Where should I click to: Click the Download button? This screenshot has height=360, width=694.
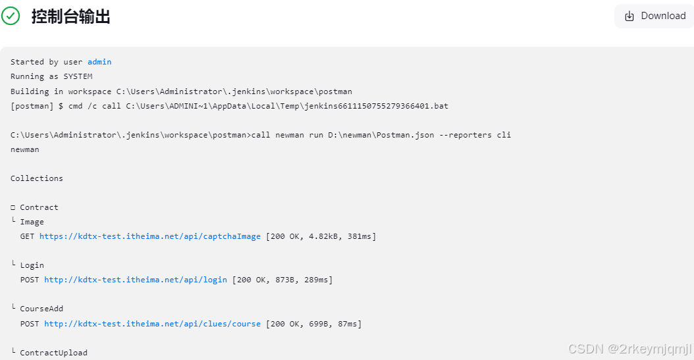654,16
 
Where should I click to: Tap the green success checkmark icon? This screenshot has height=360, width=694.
11,16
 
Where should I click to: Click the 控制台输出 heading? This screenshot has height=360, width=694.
70,16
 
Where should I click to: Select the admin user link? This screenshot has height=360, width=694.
99,62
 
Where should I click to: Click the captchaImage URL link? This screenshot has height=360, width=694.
150,236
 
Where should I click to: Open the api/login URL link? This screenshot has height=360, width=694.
136,280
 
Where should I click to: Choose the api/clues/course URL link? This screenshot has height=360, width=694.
152,324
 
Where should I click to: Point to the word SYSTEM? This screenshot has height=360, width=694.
78,76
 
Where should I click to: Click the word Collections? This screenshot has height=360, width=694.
37,178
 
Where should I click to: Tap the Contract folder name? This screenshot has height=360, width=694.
39,207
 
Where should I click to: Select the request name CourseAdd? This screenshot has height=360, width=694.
41,309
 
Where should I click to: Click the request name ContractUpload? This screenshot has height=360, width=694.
53,353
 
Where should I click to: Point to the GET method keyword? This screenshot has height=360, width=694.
27,236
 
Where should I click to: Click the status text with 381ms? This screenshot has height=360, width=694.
321,236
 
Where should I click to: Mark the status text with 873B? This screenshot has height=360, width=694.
282,280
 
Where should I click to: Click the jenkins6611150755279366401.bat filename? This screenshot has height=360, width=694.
373,105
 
